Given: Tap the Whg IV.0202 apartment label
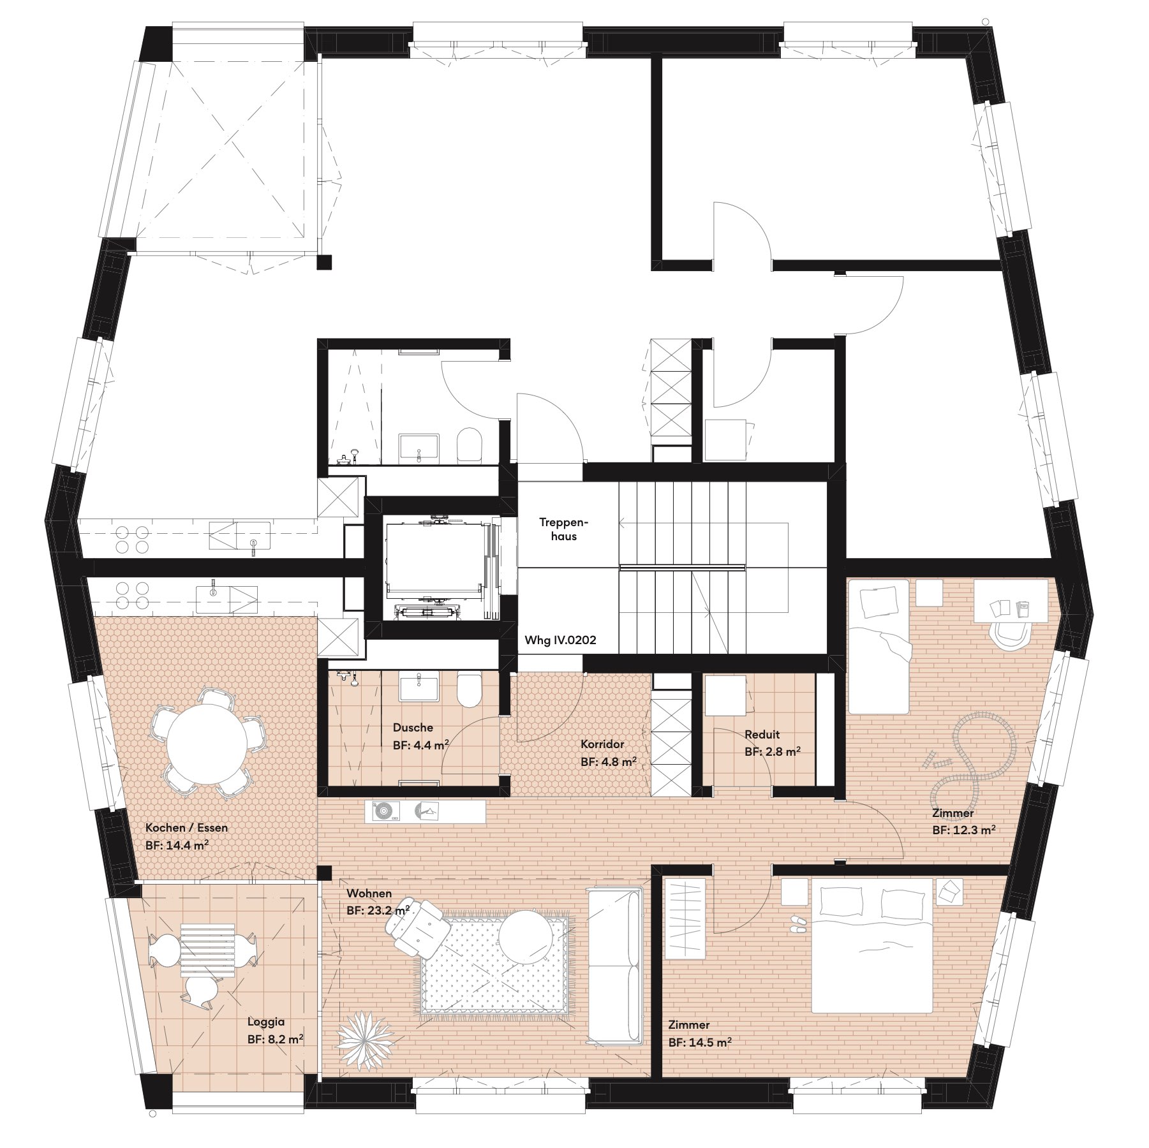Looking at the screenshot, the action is [x=560, y=640].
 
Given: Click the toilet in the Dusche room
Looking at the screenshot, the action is [x=469, y=690].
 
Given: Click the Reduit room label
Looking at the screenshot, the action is [x=762, y=735].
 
